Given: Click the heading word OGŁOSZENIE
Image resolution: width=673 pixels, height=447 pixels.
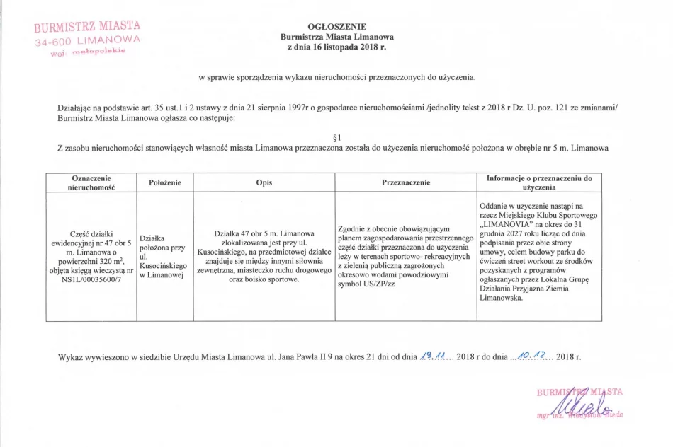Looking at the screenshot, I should (336, 26).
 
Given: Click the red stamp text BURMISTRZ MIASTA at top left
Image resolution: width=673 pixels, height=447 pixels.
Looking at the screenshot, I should (87, 28).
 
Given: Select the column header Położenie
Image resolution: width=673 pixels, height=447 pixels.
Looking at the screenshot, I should (165, 182).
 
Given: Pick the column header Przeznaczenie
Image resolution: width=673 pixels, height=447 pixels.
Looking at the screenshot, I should (405, 182).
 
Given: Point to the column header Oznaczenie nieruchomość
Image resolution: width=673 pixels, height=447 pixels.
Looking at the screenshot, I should (90, 182).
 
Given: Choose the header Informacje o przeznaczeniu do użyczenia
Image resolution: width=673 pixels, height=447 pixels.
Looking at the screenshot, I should (538, 182).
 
